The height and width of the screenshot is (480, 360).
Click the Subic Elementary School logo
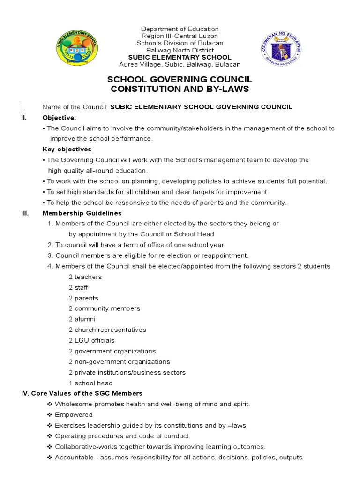(x=77, y=47)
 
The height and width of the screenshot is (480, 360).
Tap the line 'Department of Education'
(x=180, y=29)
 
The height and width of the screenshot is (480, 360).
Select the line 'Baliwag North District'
(x=180, y=50)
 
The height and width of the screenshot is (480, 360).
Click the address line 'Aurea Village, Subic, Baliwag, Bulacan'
(x=180, y=64)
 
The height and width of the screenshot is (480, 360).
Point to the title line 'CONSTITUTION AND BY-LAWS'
(x=180, y=89)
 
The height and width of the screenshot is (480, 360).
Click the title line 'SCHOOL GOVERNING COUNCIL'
(x=180, y=80)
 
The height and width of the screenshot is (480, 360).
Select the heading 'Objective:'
(x=59, y=117)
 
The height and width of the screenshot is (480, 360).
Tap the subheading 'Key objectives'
(x=67, y=150)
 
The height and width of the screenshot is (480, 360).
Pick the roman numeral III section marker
(x=25, y=213)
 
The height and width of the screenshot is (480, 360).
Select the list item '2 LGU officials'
(x=91, y=340)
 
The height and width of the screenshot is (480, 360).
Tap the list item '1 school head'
(x=90, y=383)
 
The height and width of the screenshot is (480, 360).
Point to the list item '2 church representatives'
(x=107, y=330)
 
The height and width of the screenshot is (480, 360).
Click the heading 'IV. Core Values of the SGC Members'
(x=81, y=393)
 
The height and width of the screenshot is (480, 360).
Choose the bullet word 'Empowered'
(x=74, y=415)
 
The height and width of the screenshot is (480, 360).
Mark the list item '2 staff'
(x=78, y=287)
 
